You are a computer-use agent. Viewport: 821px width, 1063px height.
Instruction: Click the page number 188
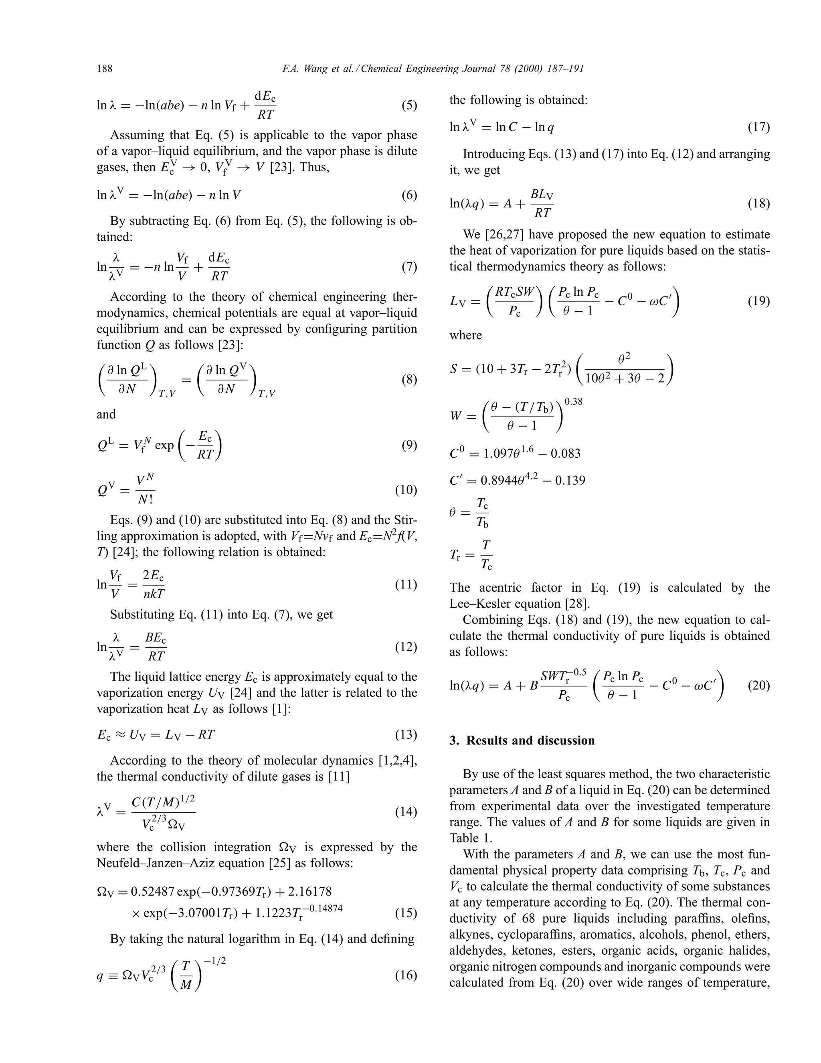[105, 69]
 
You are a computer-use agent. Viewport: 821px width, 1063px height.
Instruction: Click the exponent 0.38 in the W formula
[573, 402]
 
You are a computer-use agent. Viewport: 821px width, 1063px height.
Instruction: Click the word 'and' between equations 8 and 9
[106, 414]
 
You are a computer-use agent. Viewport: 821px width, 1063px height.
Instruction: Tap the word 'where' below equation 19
[465, 335]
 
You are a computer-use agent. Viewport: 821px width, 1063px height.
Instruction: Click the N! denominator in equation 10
[146, 499]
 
